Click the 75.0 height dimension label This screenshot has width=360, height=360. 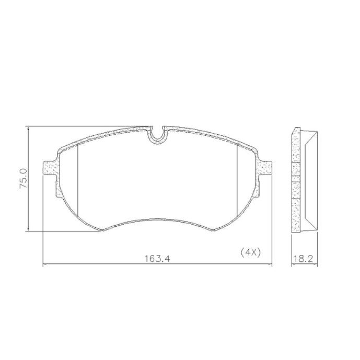pos(24,178)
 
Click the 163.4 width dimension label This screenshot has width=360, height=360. pos(157,259)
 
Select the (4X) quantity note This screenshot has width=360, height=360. pos(250,253)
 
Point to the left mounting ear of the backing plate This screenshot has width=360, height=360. pos(50,168)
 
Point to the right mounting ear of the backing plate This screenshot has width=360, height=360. pos(265,168)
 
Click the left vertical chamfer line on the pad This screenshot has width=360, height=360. pos(78,180)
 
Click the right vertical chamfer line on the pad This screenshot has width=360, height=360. pos(237,180)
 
